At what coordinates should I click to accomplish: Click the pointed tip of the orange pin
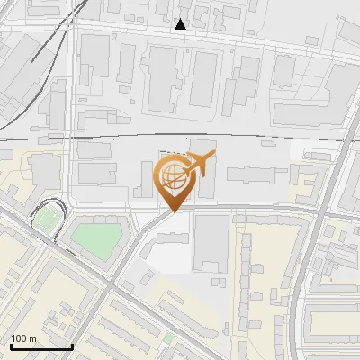coord(174,212)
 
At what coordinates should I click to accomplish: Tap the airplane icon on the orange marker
coord(201,165)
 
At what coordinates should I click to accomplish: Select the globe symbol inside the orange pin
coord(175,176)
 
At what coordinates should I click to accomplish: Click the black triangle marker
coord(181,24)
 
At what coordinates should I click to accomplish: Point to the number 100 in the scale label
coord(19,338)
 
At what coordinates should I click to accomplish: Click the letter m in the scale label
coord(32,338)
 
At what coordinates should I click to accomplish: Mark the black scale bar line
coord(41,346)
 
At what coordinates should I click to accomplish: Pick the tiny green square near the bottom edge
coord(167,340)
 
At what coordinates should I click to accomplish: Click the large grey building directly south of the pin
coord(211,243)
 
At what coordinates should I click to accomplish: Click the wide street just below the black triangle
coord(180,37)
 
